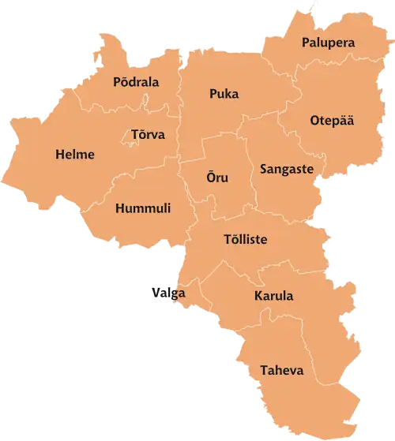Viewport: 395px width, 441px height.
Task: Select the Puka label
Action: [224, 94]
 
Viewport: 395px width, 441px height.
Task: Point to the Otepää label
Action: [332, 121]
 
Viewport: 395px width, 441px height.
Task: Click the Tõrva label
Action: [148, 135]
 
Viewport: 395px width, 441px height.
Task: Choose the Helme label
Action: [75, 155]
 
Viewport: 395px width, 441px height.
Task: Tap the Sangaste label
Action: [287, 169]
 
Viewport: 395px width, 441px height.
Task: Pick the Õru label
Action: [217, 178]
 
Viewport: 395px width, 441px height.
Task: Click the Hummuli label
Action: [143, 209]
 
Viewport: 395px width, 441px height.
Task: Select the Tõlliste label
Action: [245, 239]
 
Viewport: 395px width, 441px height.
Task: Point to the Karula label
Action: [273, 297]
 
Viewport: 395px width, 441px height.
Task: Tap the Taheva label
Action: [281, 370]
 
